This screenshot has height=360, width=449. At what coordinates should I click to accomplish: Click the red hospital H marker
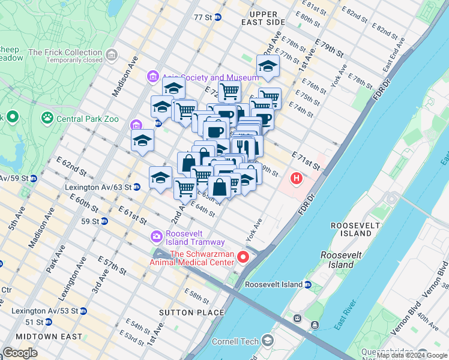click(x=296, y=178)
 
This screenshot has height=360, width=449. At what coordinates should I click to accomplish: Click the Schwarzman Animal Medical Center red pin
click(x=243, y=257)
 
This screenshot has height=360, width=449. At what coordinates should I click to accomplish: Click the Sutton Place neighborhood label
click(x=191, y=313)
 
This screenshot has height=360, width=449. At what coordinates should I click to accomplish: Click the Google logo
click(x=19, y=353)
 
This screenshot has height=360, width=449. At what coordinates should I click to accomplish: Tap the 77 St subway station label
click(x=203, y=17)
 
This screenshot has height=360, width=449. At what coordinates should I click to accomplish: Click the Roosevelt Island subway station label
click(x=274, y=284)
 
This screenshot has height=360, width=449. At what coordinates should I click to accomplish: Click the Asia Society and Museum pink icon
click(x=152, y=77)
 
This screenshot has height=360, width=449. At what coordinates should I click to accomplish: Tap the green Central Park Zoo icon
click(x=47, y=119)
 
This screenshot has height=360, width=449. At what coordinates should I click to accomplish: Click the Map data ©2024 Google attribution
click(x=412, y=355)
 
